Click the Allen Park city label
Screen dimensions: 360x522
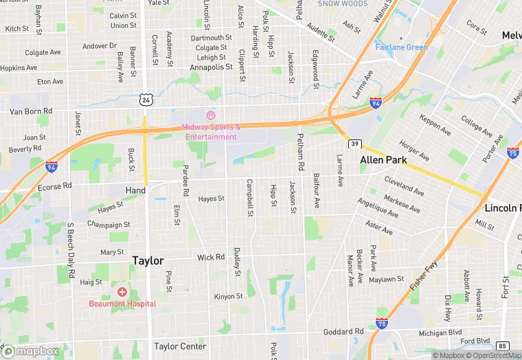pyautogui.click(x=383, y=159)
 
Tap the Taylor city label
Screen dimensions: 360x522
pyautogui.click(x=148, y=261)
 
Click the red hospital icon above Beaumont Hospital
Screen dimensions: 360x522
pyautogui.click(x=122, y=292)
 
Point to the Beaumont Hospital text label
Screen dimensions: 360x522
pyautogui.click(x=122, y=304)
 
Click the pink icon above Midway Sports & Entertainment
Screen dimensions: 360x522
pyautogui.click(x=211, y=114)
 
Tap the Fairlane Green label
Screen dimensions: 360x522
pyautogui.click(x=401, y=47)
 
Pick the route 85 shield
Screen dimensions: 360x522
pyautogui.click(x=503, y=345)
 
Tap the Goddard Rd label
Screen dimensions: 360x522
pyautogui.click(x=343, y=331)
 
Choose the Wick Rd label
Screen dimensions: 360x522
pyautogui.click(x=211, y=258)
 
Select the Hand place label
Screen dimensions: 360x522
pyautogui.click(x=135, y=190)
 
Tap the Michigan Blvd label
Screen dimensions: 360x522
pyautogui.click(x=440, y=333)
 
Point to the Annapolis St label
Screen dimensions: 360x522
pyautogui.click(x=211, y=67)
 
